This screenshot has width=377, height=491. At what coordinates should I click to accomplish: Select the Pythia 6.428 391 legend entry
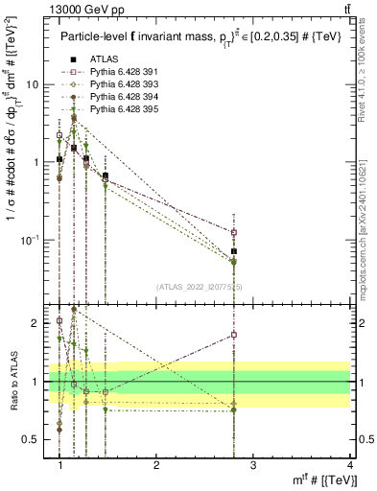pos(115,72)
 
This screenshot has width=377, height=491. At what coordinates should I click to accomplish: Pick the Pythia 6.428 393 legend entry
pos(115,84)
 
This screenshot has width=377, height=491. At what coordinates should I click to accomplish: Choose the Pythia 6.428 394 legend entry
pos(115,97)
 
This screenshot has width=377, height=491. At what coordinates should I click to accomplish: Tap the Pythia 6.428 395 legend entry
pos(115,109)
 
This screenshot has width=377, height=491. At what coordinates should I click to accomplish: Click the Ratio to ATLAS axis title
pos(14,382)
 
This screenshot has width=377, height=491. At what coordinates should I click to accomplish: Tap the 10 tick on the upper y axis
pos(34,84)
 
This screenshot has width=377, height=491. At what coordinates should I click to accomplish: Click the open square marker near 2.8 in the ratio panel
pos(233,335)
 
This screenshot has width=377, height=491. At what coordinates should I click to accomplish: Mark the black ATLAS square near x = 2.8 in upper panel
pos(233,251)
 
